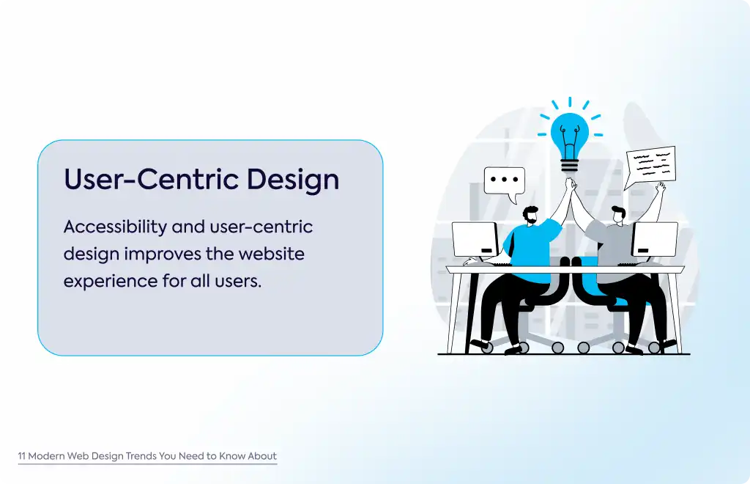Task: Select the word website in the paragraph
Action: point(272,253)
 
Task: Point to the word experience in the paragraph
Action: point(110,282)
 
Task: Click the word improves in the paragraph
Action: point(163,254)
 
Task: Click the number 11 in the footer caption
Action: point(21,455)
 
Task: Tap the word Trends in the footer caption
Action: point(141,455)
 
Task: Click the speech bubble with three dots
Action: point(505,184)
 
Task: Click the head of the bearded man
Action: point(530,216)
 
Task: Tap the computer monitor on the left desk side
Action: point(475,239)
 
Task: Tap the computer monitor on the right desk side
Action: point(655,239)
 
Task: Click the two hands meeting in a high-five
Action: point(571,184)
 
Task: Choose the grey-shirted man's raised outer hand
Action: point(661,187)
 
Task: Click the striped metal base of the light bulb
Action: point(569,166)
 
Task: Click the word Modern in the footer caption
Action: point(46,455)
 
